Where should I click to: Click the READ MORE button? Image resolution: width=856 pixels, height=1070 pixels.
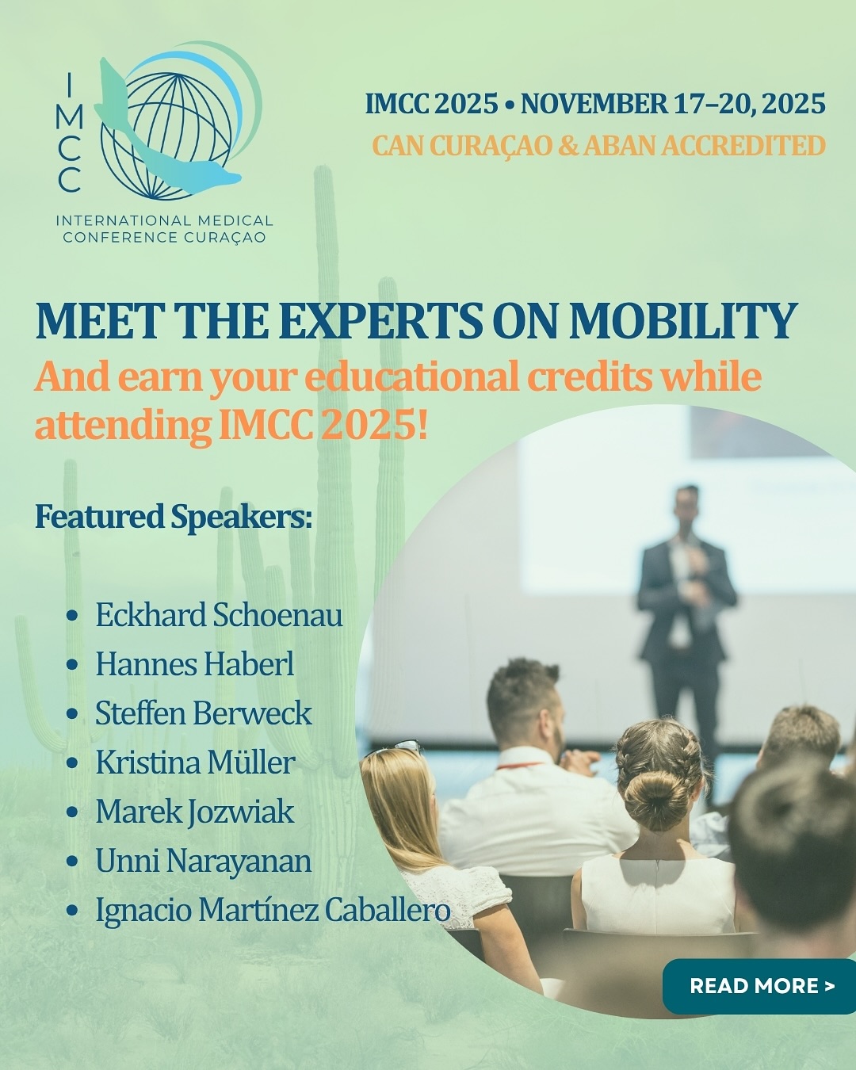(x=761, y=986)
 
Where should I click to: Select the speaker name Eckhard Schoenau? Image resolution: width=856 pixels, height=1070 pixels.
(x=219, y=615)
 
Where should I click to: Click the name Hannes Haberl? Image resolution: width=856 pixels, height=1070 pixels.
(x=194, y=664)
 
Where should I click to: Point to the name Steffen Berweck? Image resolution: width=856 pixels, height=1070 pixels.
(x=204, y=713)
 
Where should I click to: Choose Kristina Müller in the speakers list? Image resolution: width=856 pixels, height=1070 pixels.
(x=195, y=762)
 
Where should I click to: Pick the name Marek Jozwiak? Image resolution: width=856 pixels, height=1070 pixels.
(x=194, y=812)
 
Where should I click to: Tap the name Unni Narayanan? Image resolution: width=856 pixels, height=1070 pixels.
(x=203, y=861)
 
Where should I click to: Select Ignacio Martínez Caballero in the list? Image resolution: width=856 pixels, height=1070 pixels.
(x=273, y=910)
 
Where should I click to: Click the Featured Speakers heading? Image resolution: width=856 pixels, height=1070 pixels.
(x=174, y=517)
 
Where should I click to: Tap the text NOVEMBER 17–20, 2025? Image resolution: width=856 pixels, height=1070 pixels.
(x=673, y=104)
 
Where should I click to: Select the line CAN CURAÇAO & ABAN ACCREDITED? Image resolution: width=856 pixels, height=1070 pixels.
(x=598, y=146)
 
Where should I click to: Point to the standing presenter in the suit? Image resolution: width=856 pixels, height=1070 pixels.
(x=685, y=602)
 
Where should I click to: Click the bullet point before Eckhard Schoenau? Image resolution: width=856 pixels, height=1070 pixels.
(x=73, y=616)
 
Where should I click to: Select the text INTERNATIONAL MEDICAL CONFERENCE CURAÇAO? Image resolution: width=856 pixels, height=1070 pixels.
(x=164, y=228)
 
